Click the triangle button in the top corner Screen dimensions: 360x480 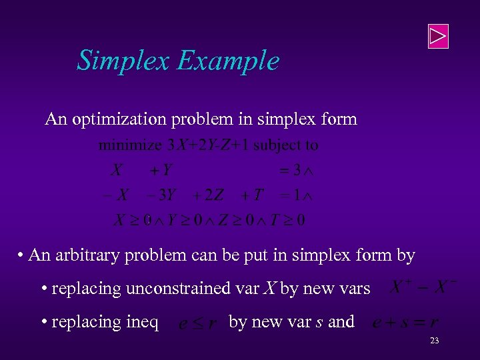(437, 36)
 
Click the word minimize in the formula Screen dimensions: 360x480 (130, 145)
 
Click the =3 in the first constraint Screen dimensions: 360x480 (290, 171)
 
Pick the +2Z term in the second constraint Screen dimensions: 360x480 (208, 195)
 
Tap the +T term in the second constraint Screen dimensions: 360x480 (252, 195)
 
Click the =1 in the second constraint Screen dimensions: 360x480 (290, 195)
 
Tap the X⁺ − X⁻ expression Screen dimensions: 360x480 (423, 288)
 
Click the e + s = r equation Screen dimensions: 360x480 (405, 323)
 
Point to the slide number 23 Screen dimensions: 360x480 (434, 341)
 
